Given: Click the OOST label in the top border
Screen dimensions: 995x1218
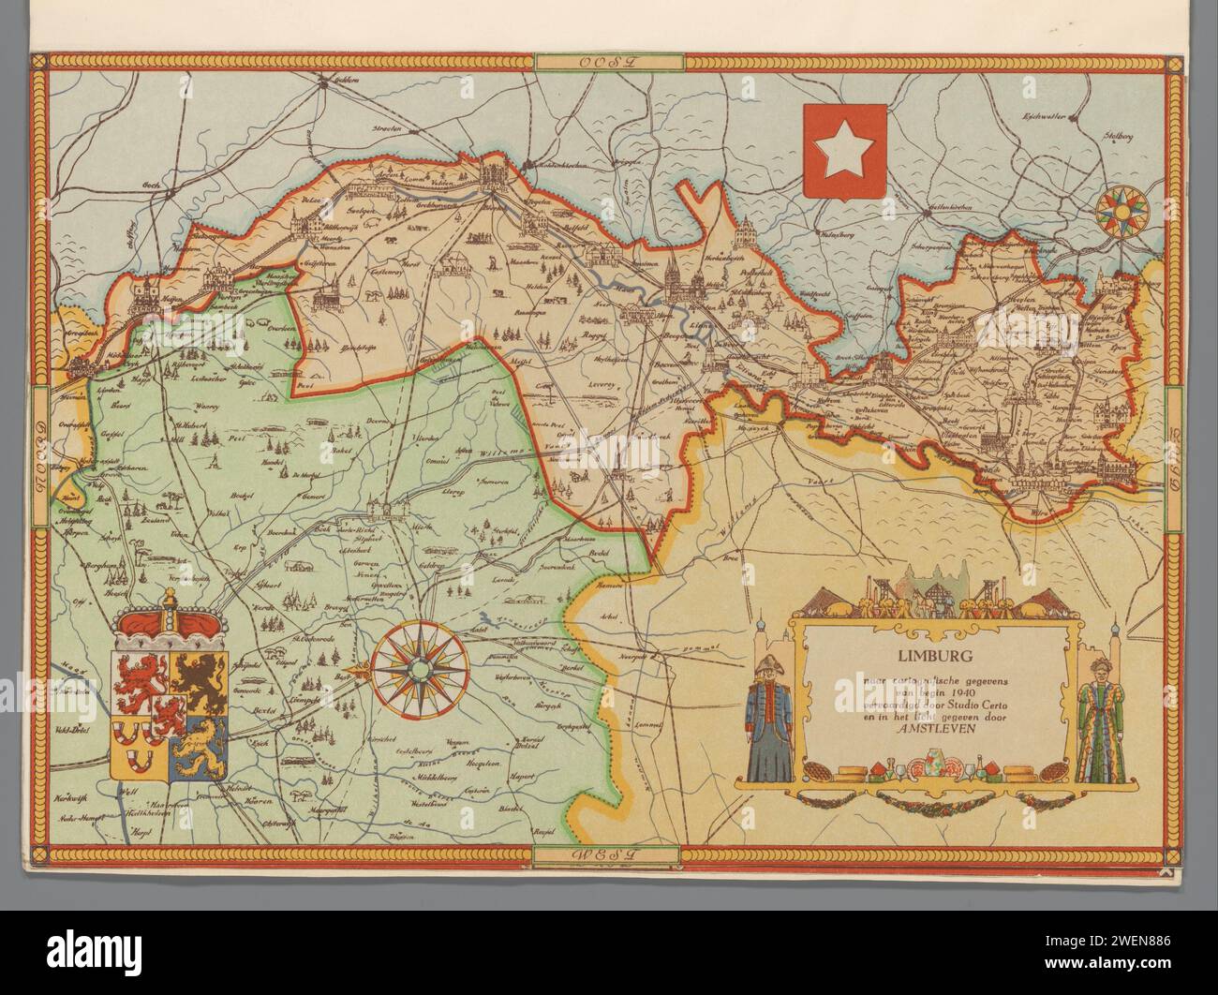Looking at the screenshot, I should coord(608,62).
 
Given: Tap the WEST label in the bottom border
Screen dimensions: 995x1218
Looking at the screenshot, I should coord(608,854).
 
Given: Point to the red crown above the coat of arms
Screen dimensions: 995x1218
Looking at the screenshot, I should coord(171,621).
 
